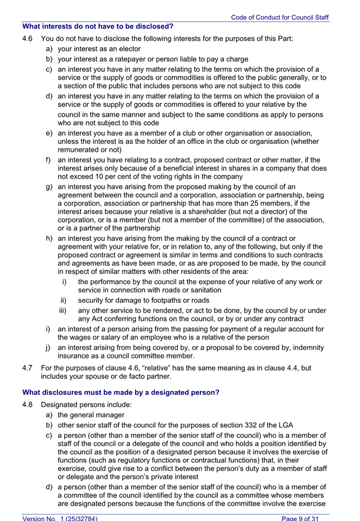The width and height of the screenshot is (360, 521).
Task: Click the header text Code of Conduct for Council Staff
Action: (279, 18)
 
